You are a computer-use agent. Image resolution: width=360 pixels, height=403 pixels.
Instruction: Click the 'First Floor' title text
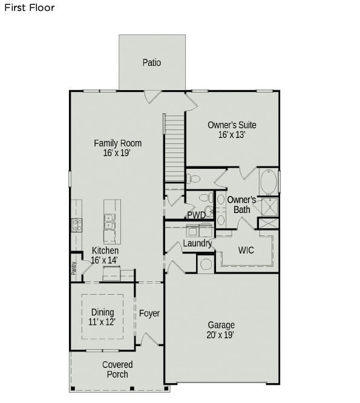pyautogui.click(x=29, y=8)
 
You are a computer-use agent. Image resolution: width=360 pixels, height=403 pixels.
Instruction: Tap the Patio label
pyautogui.click(x=152, y=62)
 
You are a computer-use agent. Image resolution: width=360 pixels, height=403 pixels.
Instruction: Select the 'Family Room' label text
pyautogui.click(x=117, y=143)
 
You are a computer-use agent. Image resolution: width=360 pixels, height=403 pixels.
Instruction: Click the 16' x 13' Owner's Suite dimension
pyautogui.click(x=232, y=136)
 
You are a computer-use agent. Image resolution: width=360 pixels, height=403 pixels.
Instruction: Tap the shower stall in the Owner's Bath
pyautogui.click(x=269, y=207)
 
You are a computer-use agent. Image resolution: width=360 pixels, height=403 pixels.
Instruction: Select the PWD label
pyautogui.click(x=195, y=215)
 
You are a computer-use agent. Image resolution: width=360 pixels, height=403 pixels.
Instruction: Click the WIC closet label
pyautogui.click(x=246, y=249)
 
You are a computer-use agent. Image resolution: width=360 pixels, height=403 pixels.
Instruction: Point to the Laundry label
pyautogui.click(x=197, y=243)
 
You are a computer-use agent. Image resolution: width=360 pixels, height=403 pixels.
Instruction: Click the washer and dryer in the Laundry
pyautogui.click(x=199, y=230)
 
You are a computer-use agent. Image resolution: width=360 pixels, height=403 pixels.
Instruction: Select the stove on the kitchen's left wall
pyautogui.click(x=77, y=225)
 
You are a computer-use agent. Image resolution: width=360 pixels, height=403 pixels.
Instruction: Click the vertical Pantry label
pyautogui.click(x=74, y=267)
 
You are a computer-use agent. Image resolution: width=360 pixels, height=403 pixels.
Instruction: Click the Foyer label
pyautogui.click(x=149, y=313)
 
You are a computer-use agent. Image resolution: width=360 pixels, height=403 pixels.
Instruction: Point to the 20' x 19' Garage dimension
pyautogui.click(x=221, y=334)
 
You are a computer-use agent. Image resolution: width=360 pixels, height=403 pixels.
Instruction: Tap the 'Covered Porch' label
pyautogui.click(x=117, y=369)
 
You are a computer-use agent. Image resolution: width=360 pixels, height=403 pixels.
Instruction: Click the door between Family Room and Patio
pyautogui.click(x=153, y=96)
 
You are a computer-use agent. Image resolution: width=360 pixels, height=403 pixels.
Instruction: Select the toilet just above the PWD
pyautogui.click(x=194, y=179)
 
